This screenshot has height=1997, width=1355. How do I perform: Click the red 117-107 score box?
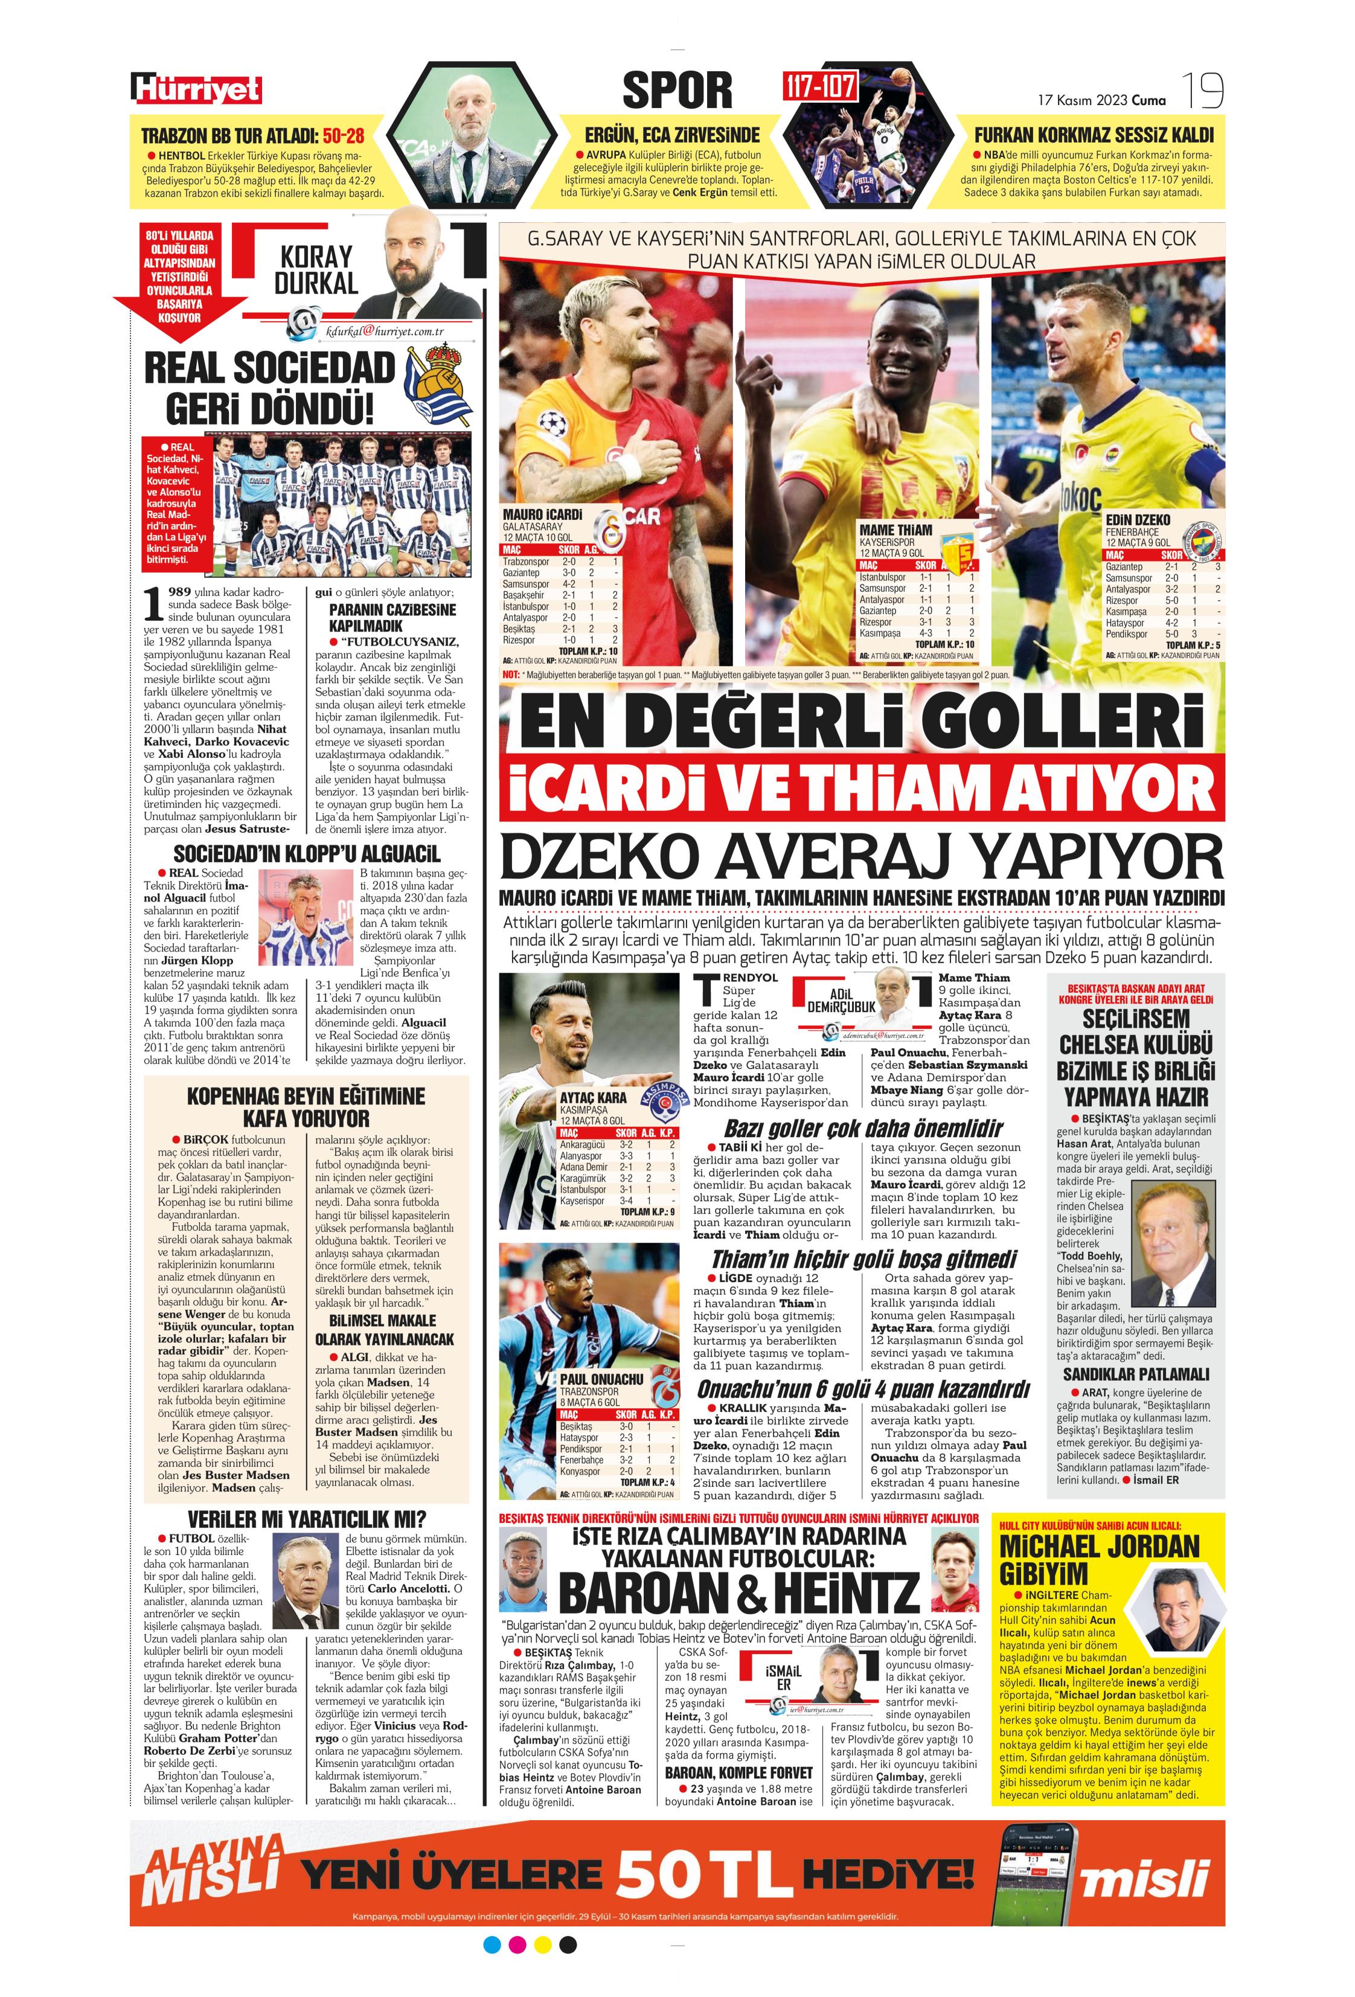click(819, 86)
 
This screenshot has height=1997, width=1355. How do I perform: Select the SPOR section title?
click(677, 90)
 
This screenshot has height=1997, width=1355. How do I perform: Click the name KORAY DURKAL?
click(316, 270)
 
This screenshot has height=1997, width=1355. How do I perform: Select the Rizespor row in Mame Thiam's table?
click(917, 621)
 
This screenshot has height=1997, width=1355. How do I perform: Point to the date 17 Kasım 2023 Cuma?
click(1101, 100)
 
